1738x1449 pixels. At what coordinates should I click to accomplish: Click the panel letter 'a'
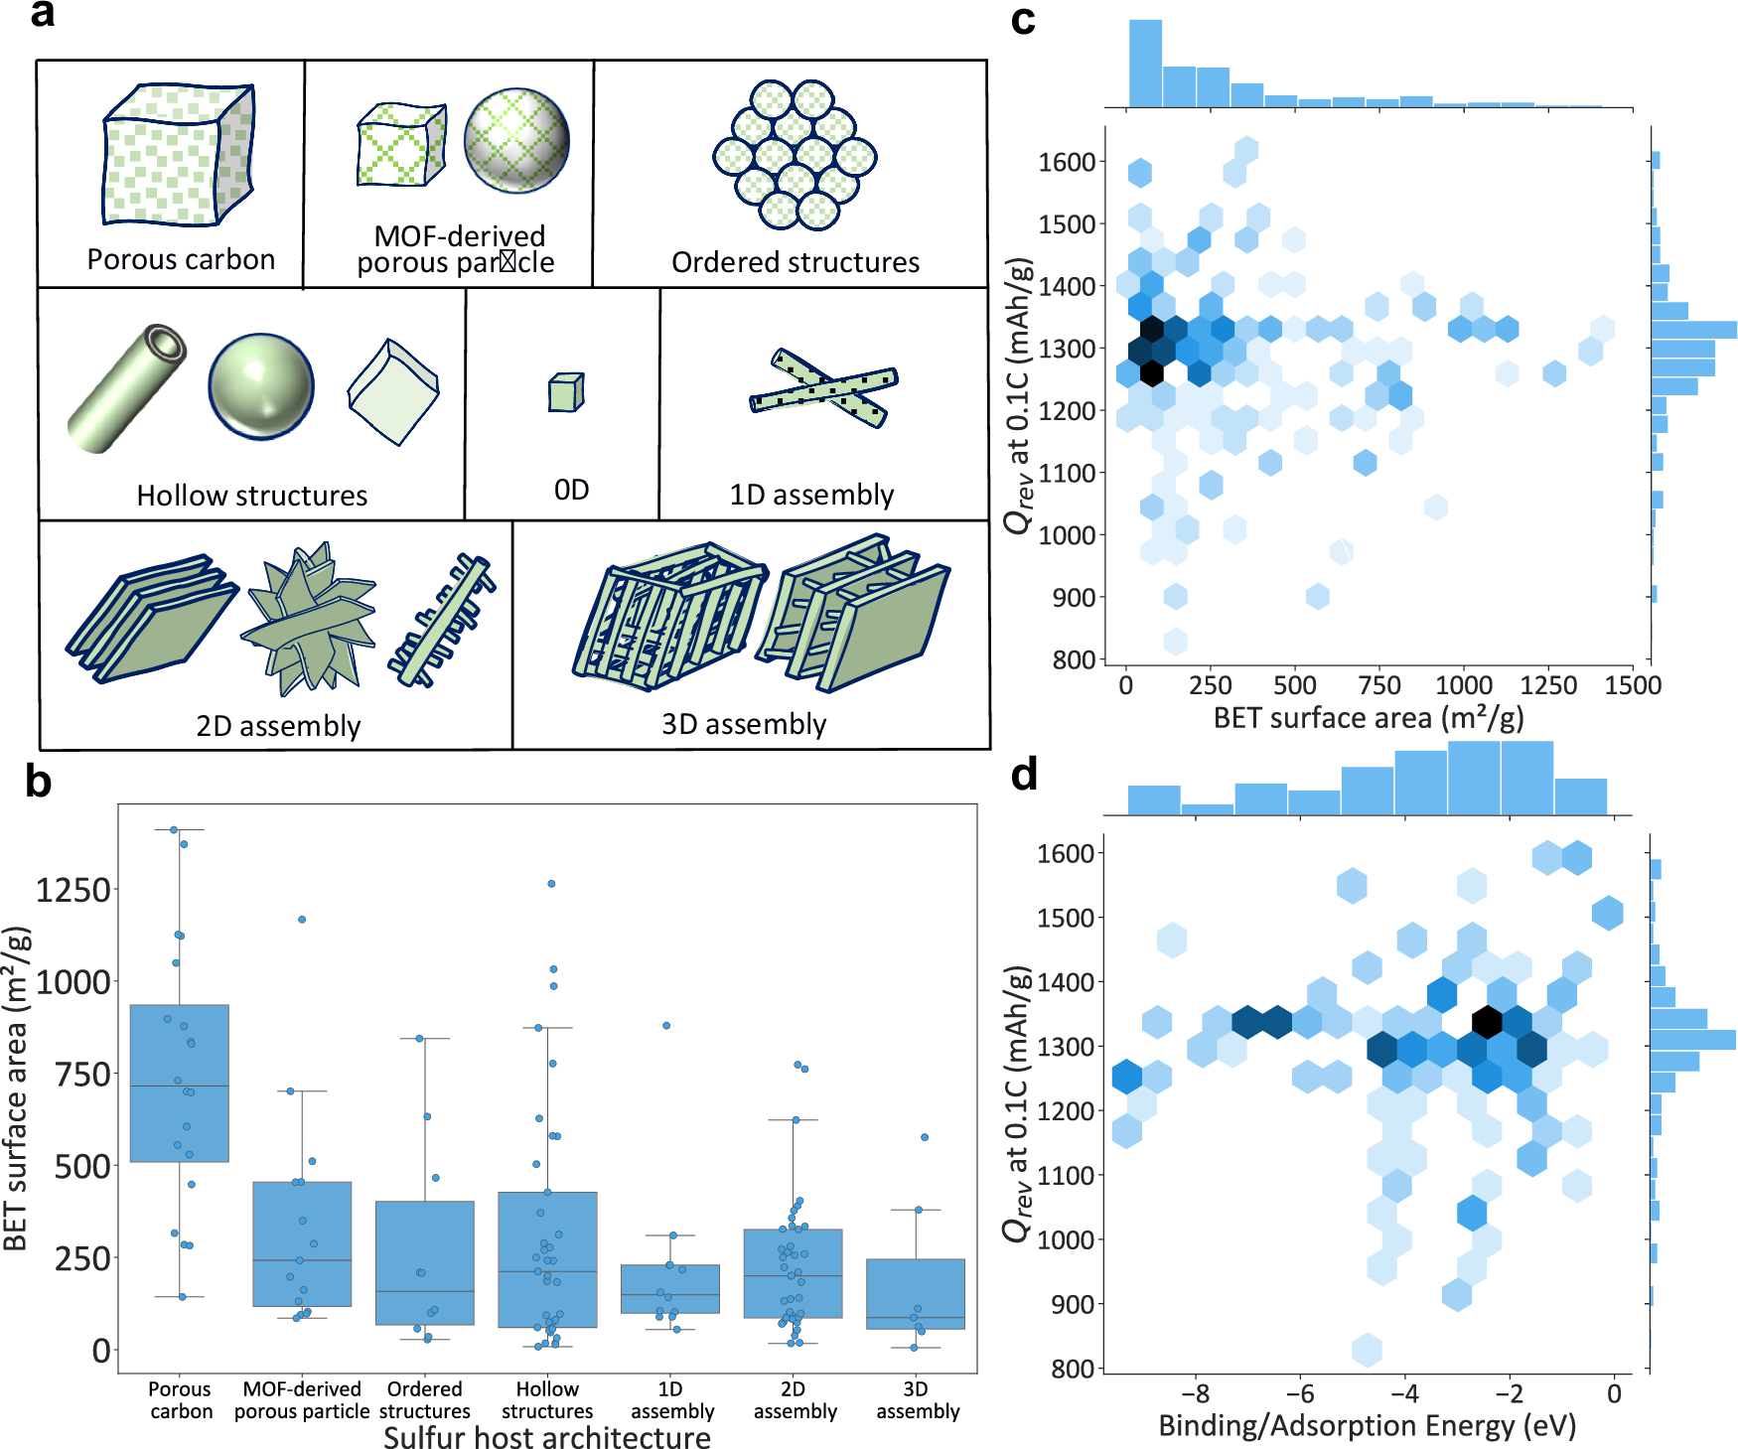coord(43,16)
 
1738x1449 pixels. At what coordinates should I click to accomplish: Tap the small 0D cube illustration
coord(566,393)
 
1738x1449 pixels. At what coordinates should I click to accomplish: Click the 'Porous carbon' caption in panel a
coord(181,259)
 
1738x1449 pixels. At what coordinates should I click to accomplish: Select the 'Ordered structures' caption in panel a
coord(795,262)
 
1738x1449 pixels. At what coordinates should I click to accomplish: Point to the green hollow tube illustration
coord(127,388)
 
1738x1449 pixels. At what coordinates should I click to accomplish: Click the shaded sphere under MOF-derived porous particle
coord(516,140)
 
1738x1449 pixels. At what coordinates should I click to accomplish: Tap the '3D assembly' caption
coord(744,724)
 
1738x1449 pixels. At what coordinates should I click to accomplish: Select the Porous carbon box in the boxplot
coord(180,1083)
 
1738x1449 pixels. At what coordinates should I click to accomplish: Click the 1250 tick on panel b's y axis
coord(72,890)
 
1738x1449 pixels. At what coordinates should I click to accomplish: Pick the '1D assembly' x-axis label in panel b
coord(672,1400)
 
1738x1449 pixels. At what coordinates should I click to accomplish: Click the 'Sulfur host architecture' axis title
coord(546,1438)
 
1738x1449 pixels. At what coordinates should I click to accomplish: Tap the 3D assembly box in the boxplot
coord(915,1294)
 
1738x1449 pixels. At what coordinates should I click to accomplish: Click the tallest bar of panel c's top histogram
coord(1145,63)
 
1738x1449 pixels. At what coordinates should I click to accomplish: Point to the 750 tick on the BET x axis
coord(1379,685)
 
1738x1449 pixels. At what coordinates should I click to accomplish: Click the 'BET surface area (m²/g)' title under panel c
coord(1368,718)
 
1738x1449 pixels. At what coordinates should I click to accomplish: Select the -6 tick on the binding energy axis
coord(1300,1392)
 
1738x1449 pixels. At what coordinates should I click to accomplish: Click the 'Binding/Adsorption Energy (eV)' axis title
coord(1367,1426)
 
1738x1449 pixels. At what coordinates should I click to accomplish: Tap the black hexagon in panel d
coord(1487,1021)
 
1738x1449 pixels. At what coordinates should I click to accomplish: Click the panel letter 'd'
coord(1023,775)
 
